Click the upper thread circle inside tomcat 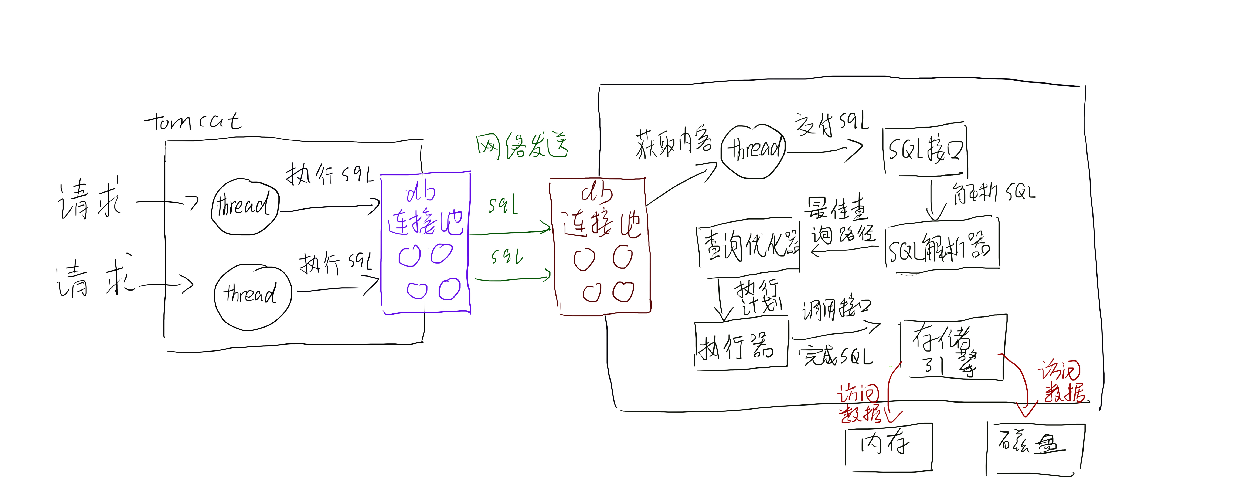point(245,207)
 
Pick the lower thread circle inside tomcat point(252,296)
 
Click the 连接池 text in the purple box point(425,223)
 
